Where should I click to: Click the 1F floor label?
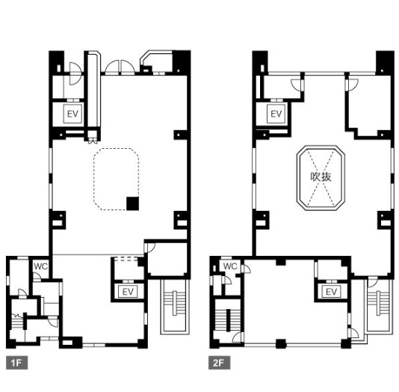16,363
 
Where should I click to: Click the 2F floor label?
219,363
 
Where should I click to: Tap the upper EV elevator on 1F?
72,114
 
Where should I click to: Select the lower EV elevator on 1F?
128,292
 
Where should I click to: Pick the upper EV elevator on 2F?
276,114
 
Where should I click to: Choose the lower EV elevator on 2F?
331,292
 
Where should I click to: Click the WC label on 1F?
41,266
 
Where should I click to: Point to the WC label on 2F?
230,266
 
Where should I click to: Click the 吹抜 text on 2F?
321,177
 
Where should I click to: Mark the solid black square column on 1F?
133,203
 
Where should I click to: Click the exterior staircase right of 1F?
175,307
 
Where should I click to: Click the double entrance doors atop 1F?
120,67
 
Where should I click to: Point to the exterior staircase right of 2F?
379,306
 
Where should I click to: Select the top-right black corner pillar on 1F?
182,62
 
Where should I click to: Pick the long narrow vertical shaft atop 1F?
93,90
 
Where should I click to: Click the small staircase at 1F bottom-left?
17,322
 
